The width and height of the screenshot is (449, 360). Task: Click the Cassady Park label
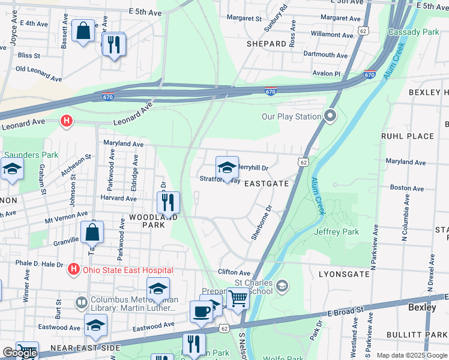click(x=414, y=31)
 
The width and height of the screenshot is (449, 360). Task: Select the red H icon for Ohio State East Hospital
click(x=74, y=269)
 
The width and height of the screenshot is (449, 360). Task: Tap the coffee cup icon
click(x=201, y=311)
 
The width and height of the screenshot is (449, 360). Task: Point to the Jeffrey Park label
click(x=336, y=231)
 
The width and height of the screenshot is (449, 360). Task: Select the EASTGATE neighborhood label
click(x=267, y=184)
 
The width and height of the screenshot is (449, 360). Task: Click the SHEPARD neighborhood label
click(x=267, y=44)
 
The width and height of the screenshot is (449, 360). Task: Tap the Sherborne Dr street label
click(x=262, y=223)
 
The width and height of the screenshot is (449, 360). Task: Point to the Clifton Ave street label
click(x=234, y=272)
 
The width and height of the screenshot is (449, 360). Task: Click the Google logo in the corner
click(x=19, y=353)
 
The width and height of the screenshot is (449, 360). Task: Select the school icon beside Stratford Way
click(x=227, y=167)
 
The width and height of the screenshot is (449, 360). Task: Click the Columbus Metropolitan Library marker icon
click(x=82, y=303)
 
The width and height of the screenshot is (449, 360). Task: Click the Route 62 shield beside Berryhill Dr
click(x=304, y=162)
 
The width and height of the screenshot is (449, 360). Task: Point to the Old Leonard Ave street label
click(x=38, y=74)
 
